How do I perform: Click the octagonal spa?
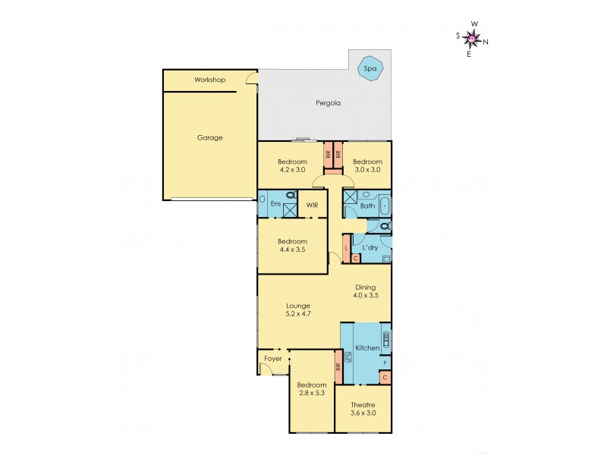click(370, 68)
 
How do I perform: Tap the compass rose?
click(472, 38)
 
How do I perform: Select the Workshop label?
click(209, 80)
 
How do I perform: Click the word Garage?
click(209, 138)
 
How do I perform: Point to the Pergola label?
click(328, 102)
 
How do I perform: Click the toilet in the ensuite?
click(291, 196)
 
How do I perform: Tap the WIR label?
click(313, 205)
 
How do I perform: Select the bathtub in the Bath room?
click(384, 205)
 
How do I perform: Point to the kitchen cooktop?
click(385, 338)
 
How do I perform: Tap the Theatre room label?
click(363, 404)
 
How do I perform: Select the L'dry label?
click(370, 248)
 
